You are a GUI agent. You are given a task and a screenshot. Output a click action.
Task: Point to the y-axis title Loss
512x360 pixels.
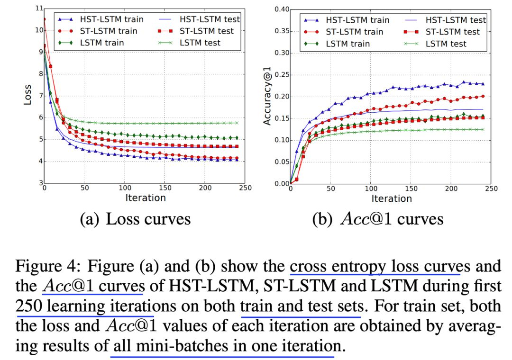27,95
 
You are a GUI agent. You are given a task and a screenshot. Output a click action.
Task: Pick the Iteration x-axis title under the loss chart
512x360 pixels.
146,198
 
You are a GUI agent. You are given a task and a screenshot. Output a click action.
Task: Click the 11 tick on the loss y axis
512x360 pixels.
39,9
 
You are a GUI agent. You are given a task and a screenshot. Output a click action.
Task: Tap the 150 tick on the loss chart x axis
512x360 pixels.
165,188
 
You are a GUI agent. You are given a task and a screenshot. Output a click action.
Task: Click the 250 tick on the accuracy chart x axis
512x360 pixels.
492,189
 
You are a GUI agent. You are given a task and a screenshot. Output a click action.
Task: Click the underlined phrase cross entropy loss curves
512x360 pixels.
375,266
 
